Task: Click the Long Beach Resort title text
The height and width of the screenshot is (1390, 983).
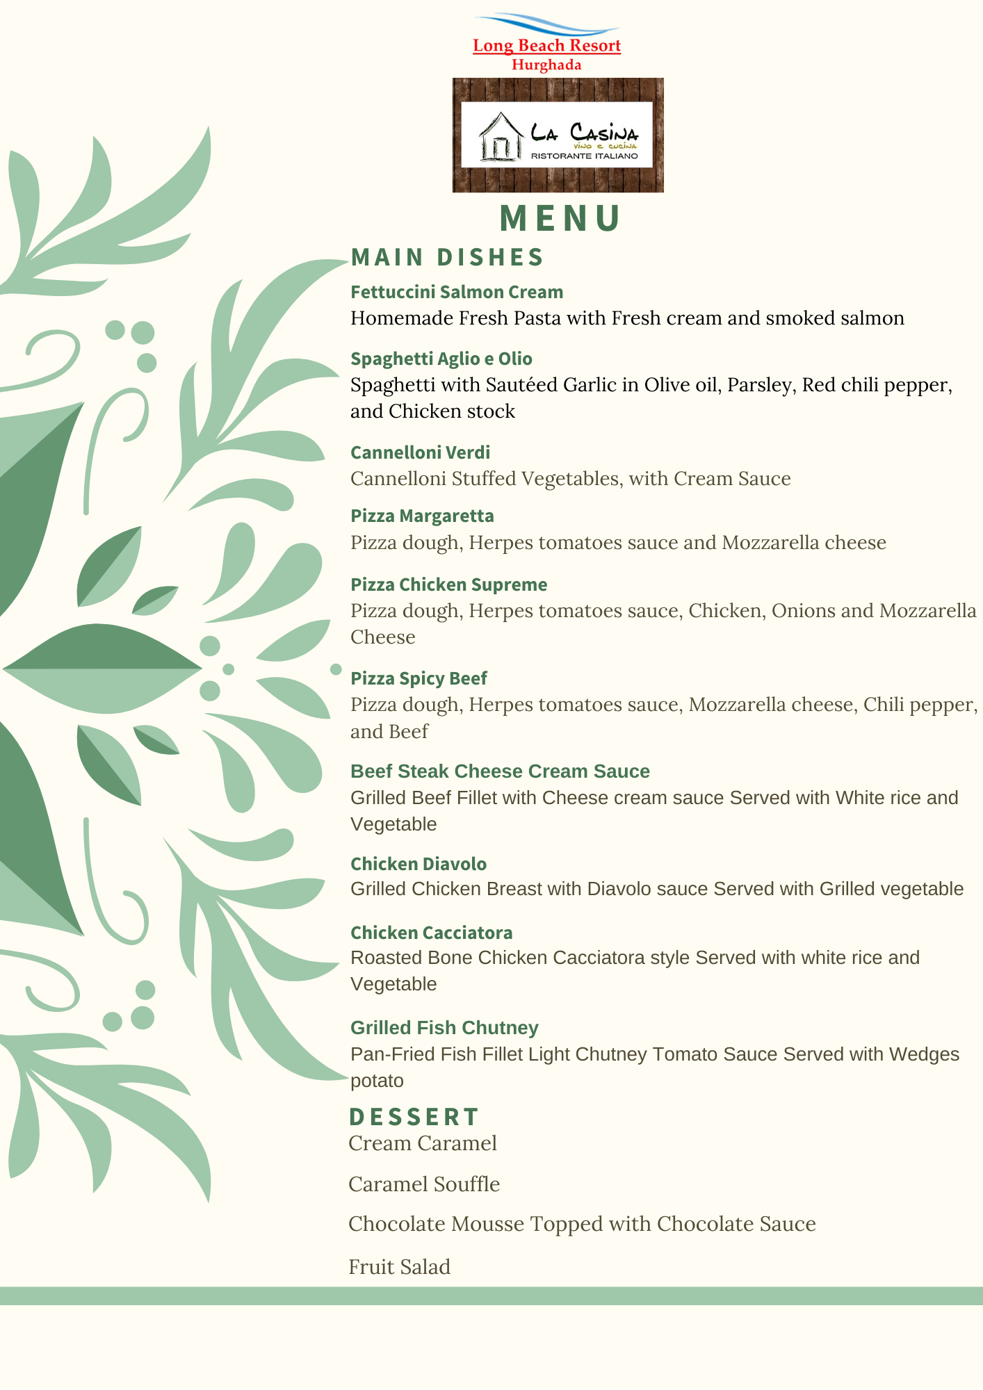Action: point(546,46)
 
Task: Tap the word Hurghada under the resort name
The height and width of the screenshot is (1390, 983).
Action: point(546,65)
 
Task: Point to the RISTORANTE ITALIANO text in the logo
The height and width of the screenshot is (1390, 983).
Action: point(584,156)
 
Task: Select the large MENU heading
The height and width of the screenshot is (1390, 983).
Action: point(560,218)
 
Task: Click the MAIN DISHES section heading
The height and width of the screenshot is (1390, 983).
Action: point(447,257)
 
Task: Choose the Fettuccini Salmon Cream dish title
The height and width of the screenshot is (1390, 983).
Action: point(457,292)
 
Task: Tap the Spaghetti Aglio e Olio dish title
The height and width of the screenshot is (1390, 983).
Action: point(441,359)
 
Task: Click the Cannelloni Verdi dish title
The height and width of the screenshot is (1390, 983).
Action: point(420,452)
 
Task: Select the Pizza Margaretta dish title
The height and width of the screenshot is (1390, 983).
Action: point(422,516)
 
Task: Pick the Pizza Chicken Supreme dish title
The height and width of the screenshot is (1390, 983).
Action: point(448,584)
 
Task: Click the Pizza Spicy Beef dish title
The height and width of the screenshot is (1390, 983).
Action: point(419,678)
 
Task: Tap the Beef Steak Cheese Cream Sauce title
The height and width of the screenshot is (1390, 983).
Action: point(500,771)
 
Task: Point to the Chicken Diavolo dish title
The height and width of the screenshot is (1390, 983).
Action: point(419,864)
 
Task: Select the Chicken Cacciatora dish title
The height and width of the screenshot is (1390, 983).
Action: point(431,933)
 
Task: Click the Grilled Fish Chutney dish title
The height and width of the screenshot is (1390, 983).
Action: point(444,1028)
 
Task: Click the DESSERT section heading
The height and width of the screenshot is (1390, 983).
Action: point(414,1117)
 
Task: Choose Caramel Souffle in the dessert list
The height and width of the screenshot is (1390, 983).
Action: point(424,1184)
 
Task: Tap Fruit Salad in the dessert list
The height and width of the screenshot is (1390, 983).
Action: point(399,1267)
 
